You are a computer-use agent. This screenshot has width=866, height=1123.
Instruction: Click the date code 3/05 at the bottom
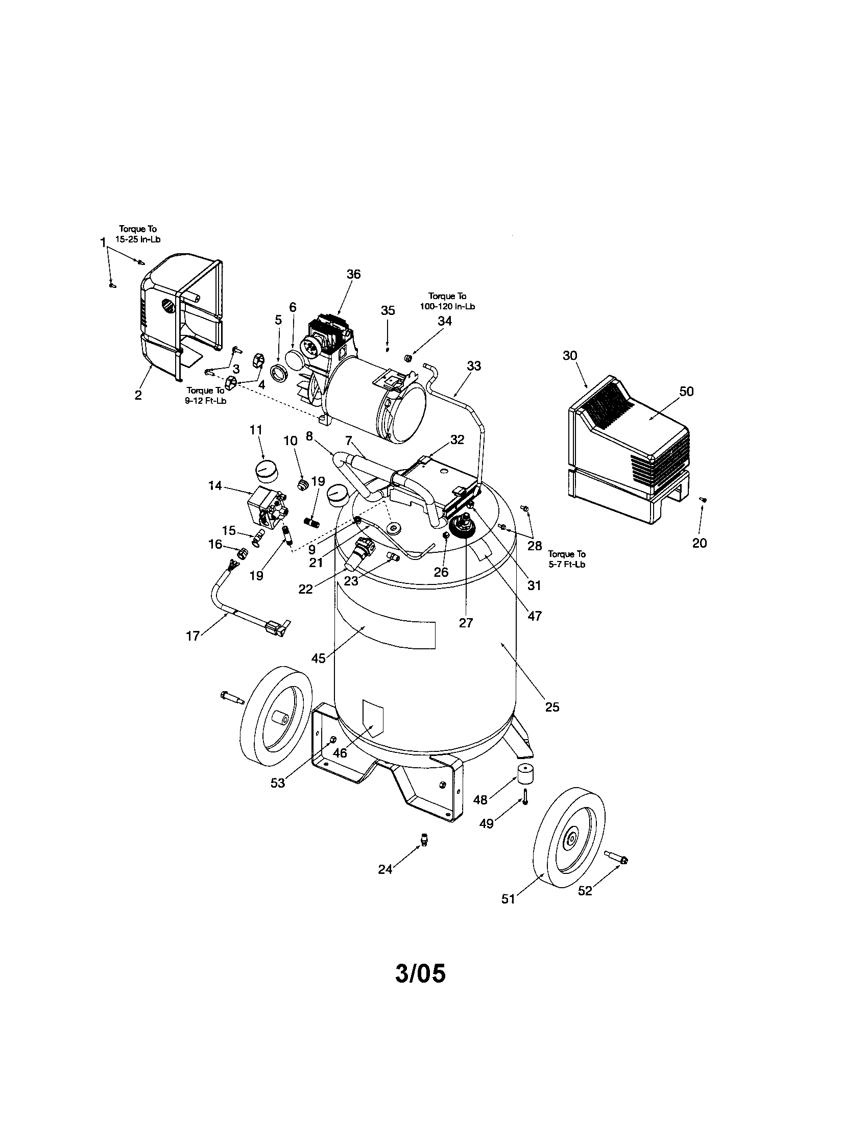[420, 973]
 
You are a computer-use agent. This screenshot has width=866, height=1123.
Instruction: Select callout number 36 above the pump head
[353, 274]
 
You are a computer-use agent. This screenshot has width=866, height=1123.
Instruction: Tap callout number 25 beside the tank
[552, 707]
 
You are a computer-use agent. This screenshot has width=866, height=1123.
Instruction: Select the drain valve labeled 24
[424, 839]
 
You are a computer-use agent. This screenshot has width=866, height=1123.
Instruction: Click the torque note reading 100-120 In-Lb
[447, 301]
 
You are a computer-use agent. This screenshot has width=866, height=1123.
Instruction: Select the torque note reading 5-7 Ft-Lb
[567, 559]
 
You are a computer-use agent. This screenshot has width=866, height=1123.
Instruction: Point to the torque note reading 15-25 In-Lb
[138, 234]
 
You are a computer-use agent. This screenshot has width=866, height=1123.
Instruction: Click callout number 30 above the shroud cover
[570, 355]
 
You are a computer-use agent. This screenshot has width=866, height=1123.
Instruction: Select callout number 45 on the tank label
[318, 658]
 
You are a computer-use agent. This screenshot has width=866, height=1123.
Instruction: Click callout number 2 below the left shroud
[138, 396]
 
